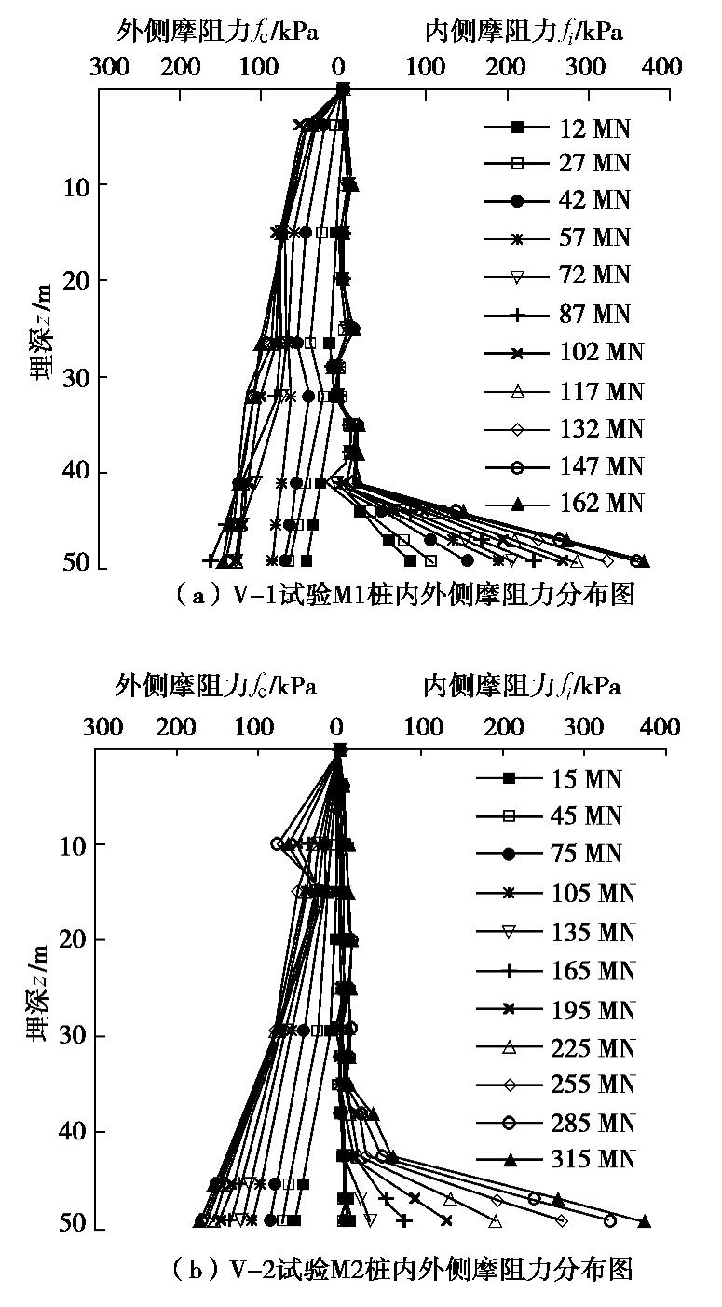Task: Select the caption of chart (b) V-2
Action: pyautogui.click(x=402, y=1268)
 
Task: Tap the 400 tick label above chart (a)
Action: pyautogui.click(x=664, y=66)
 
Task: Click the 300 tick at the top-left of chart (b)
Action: pyautogui.click(x=102, y=726)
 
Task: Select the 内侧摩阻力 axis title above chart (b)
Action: pyautogui.click(x=522, y=687)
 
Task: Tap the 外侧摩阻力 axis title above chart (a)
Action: pyautogui.click(x=218, y=32)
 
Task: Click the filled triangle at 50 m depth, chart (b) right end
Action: pyautogui.click(x=644, y=1221)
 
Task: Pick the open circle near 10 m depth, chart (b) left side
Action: pyautogui.click(x=277, y=843)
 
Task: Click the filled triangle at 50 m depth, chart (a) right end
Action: pyautogui.click(x=643, y=560)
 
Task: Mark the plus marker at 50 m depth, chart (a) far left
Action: pyautogui.click(x=210, y=560)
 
